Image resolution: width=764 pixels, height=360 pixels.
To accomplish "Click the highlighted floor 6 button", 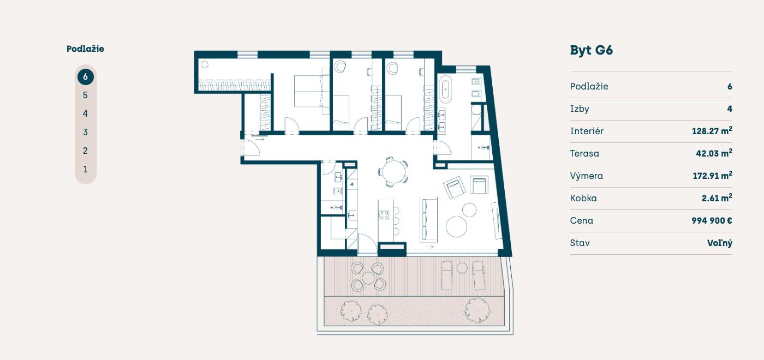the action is pos(85,77).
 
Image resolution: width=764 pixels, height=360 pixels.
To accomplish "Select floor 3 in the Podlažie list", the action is pos(85,132).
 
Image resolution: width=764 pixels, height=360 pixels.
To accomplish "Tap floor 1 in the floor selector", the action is pos(85,169).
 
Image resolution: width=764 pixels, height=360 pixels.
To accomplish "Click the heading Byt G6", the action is pos(592,50).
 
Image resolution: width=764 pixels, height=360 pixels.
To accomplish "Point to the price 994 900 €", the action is pos(712,220).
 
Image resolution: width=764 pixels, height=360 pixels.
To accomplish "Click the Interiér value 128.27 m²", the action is pos(712,130).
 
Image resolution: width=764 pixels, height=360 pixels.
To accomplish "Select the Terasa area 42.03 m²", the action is pos(714,153).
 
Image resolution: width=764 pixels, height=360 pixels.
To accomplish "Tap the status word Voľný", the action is pos(720,243).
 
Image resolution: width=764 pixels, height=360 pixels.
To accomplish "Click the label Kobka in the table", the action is pos(583,198).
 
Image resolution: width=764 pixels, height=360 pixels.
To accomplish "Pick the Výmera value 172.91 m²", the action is pos(712,176).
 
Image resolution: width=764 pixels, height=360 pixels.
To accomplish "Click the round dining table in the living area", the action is pos(393,172).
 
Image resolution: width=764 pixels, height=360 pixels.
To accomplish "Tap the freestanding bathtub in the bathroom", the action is pos(445,88).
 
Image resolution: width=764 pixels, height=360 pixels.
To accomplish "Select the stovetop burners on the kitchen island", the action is pos(384,215).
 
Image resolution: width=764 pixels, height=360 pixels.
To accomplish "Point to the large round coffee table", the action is pos(456,227).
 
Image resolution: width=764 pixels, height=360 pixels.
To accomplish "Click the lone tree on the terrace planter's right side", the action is pos(477,310).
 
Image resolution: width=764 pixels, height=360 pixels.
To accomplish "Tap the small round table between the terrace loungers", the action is pos(462,268).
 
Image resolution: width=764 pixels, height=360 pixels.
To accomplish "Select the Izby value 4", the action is pos(730,109).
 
